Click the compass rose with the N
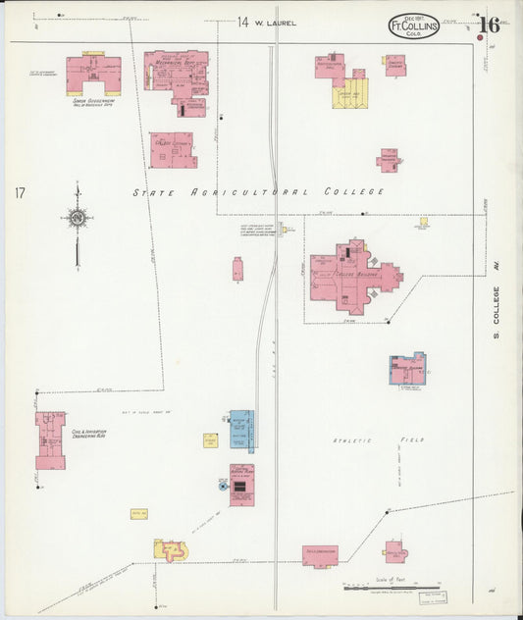coord(77,217)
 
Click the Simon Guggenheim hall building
coord(93,74)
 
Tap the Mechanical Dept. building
coord(178,79)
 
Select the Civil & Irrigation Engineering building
coord(49,439)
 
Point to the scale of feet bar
coord(392,588)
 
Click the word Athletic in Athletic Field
coord(351,440)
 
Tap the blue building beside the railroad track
coord(240,430)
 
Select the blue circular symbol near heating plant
coord(222,485)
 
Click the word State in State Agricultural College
coord(153,192)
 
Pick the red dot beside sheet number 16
coord(479,40)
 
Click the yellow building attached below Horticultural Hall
coord(350,94)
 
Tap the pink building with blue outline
coord(407,369)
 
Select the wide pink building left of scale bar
coord(320,555)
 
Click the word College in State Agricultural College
coord(353,192)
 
